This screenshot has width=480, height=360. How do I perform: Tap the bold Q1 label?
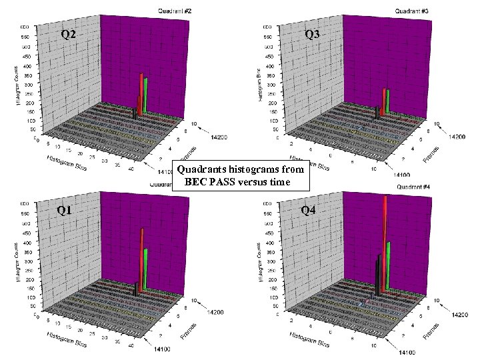[64, 211]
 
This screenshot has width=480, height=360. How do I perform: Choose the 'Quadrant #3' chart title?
[411, 10]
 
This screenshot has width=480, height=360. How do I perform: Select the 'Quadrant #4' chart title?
[414, 187]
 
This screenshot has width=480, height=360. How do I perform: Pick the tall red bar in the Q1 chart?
[141, 260]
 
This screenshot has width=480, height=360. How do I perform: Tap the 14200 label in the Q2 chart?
[218, 137]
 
